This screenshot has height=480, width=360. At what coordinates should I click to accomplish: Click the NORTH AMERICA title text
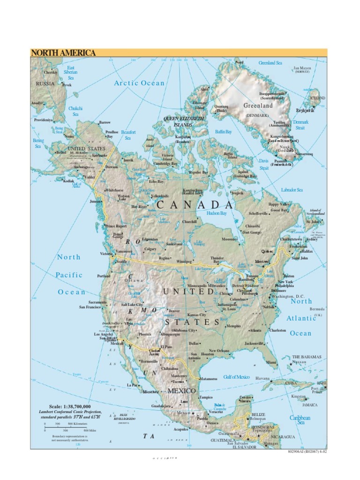tap(63, 53)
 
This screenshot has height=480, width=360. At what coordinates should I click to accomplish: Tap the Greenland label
tap(258, 106)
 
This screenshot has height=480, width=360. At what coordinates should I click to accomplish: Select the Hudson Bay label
tap(217, 213)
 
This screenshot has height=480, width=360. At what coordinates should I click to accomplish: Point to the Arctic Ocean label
tap(139, 83)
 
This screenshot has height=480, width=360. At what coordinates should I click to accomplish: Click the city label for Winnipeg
tap(184, 261)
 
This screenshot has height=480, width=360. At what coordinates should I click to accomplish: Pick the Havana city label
tap(263, 378)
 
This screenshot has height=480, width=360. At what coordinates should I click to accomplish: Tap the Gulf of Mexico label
tap(236, 377)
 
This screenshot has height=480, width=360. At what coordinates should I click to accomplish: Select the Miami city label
tap(271, 362)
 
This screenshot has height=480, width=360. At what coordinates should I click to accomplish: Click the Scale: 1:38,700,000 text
tap(70, 406)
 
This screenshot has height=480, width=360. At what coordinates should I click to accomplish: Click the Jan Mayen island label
tap(302, 68)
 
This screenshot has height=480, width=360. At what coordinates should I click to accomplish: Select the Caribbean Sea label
tap(300, 420)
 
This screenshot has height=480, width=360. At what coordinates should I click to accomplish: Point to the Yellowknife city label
tap(159, 195)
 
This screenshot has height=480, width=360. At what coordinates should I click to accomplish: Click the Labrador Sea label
tap(292, 190)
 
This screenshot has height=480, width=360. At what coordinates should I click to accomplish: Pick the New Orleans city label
tap(219, 351)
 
